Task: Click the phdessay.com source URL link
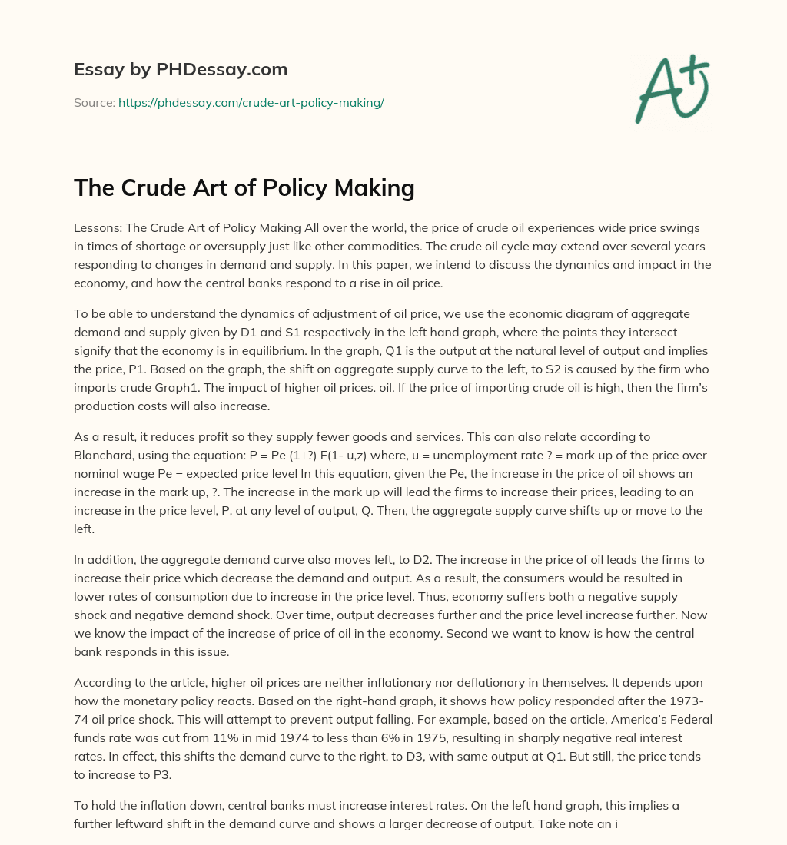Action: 251,102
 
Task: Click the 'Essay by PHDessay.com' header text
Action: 181,70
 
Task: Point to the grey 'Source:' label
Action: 94,102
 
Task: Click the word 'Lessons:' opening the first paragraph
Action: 98,229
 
